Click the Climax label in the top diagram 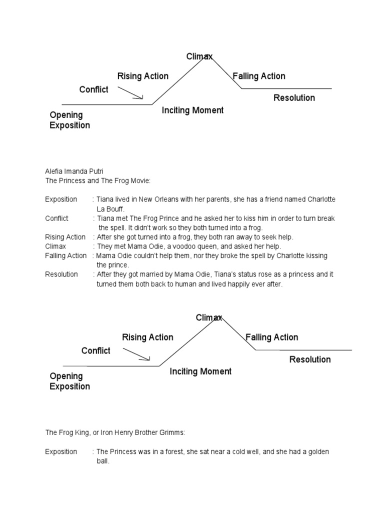click(199, 56)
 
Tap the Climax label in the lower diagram click(208, 318)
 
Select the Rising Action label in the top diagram click(142, 76)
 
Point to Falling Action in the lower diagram click(272, 337)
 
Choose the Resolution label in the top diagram click(294, 98)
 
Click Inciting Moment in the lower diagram click(200, 371)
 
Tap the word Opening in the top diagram click(66, 115)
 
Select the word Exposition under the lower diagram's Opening click(70, 386)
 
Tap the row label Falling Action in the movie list click(65, 256)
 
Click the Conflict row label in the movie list click(56, 218)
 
